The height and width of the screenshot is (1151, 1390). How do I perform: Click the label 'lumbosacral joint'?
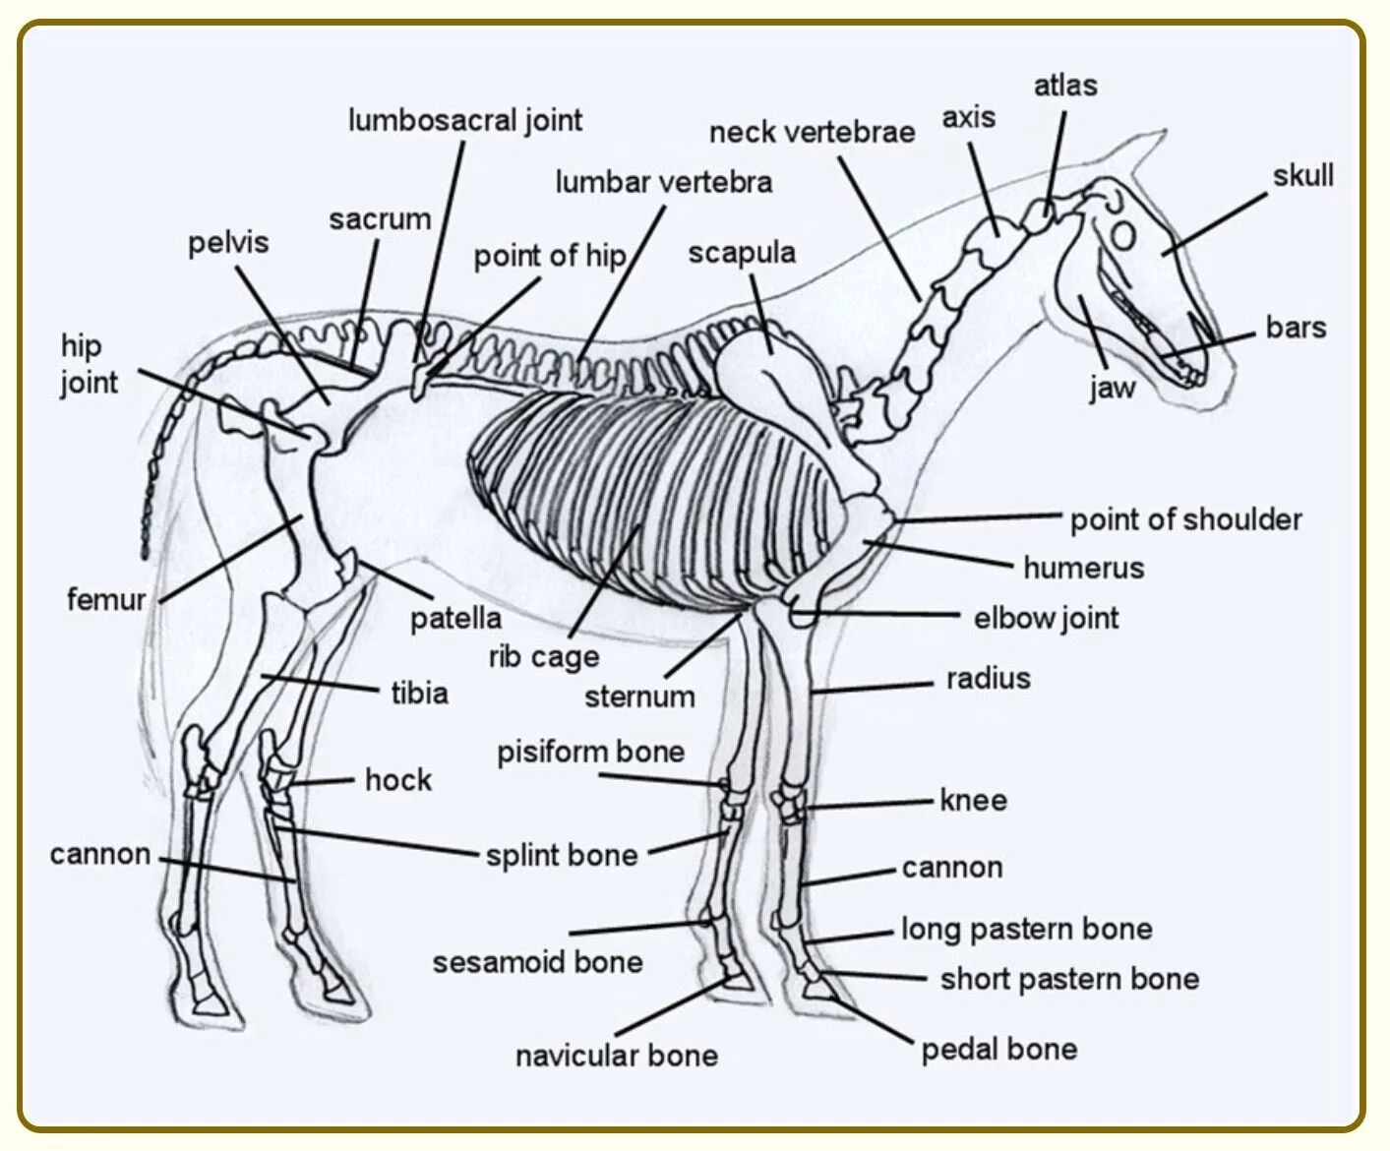point(464,120)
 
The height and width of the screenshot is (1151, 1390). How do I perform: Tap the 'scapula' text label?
point(742,253)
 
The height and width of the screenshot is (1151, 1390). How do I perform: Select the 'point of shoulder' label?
point(1185,519)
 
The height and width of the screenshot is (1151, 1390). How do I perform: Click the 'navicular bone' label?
point(617,1056)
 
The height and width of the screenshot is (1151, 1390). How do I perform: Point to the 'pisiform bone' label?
point(590,753)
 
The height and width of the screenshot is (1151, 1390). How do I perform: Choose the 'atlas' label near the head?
point(1065,86)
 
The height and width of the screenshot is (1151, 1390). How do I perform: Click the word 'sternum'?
point(639,697)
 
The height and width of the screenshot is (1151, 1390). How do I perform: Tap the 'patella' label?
point(455,619)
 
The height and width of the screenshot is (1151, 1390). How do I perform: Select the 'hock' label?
point(398,780)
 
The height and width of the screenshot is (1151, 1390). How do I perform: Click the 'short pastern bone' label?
point(1069,979)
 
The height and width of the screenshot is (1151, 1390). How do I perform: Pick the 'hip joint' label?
point(89,364)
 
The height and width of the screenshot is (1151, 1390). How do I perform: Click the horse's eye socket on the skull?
point(1123,235)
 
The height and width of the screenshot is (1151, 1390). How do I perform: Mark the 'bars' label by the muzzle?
point(1296,328)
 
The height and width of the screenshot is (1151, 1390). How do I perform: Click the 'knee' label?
point(973,800)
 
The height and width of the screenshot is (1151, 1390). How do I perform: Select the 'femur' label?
point(105,599)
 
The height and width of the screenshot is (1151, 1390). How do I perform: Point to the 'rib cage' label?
point(544,656)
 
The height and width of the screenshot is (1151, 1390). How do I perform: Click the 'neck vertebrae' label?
point(812,132)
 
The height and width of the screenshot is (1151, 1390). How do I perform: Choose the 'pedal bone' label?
point(998,1050)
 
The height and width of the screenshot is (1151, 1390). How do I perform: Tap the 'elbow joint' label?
point(1046,618)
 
